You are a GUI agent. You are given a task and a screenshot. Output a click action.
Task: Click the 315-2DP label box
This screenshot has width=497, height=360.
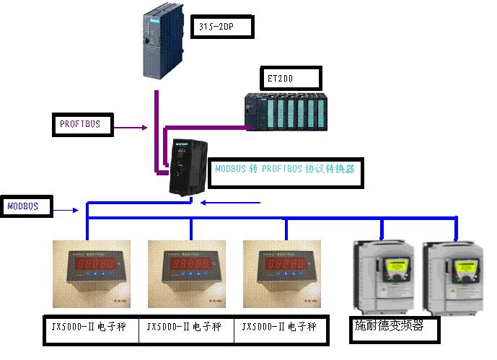click(224, 28)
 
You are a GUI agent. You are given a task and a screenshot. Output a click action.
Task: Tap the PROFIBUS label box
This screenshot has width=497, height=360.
click(84, 125)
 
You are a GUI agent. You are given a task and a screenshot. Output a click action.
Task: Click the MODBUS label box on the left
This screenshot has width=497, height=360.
click(26, 206)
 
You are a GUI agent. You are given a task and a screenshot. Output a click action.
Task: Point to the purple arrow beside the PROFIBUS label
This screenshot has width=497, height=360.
click(133, 129)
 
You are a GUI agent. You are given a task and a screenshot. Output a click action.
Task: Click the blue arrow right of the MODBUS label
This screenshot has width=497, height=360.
click(68, 211)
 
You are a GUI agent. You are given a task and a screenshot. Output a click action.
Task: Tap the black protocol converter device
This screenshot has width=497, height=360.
click(186, 168)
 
